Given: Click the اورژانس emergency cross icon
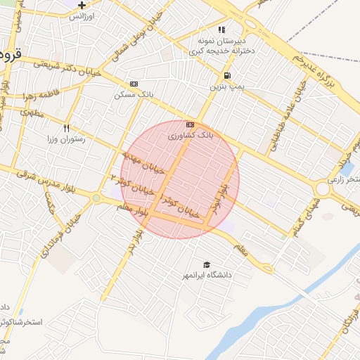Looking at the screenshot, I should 82,5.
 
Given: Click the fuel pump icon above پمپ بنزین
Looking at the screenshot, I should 226,76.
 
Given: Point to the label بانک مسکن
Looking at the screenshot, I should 135,94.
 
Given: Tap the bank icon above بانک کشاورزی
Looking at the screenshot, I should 188,124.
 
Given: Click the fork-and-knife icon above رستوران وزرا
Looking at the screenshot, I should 67,128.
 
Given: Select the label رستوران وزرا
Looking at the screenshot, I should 67,139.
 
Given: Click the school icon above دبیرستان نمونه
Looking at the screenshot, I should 221,30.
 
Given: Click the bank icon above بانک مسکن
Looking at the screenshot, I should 134,84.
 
